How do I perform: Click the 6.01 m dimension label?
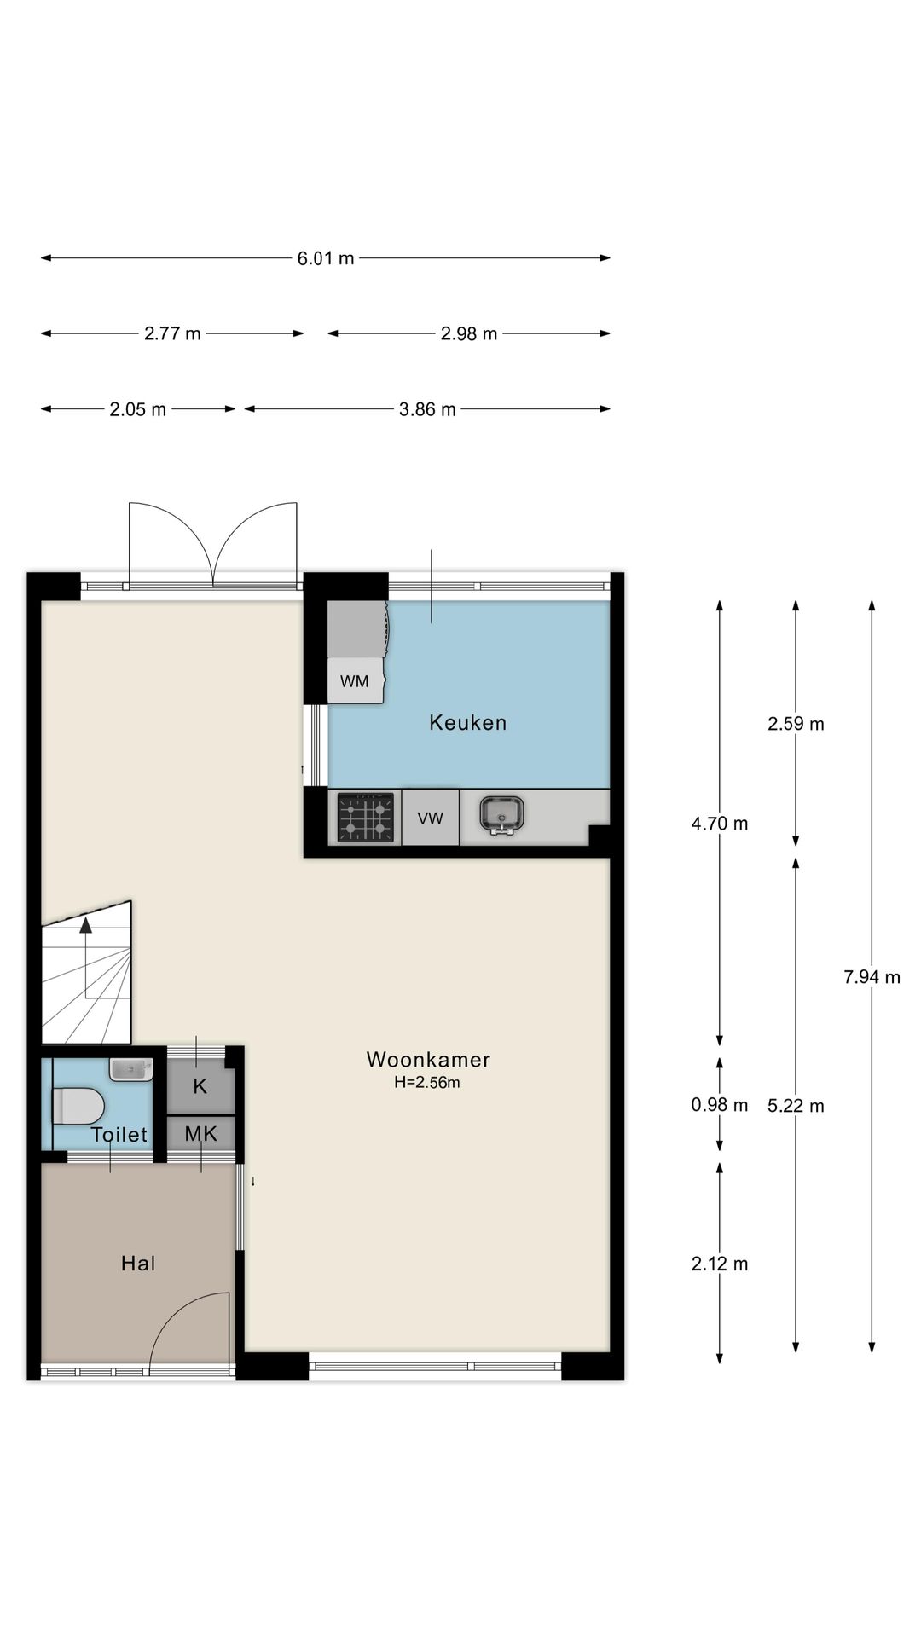point(325,258)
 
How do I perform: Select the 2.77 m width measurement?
point(172,333)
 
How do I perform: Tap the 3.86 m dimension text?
point(427,409)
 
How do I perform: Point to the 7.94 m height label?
point(872,977)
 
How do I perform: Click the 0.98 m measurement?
point(719,1105)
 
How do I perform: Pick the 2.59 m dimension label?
point(796,724)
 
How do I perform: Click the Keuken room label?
point(467,723)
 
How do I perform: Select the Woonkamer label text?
point(428,1060)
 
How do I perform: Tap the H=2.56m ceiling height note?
point(427,1083)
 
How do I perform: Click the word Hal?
point(138,1264)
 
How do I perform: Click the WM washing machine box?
point(355,681)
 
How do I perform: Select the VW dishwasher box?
point(431,818)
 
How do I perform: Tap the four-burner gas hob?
point(366,818)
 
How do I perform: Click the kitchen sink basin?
point(501,815)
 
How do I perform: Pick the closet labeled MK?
point(200,1134)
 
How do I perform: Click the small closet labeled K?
point(200,1086)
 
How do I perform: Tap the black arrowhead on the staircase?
point(86,926)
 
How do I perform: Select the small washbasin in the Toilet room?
point(130,1069)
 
